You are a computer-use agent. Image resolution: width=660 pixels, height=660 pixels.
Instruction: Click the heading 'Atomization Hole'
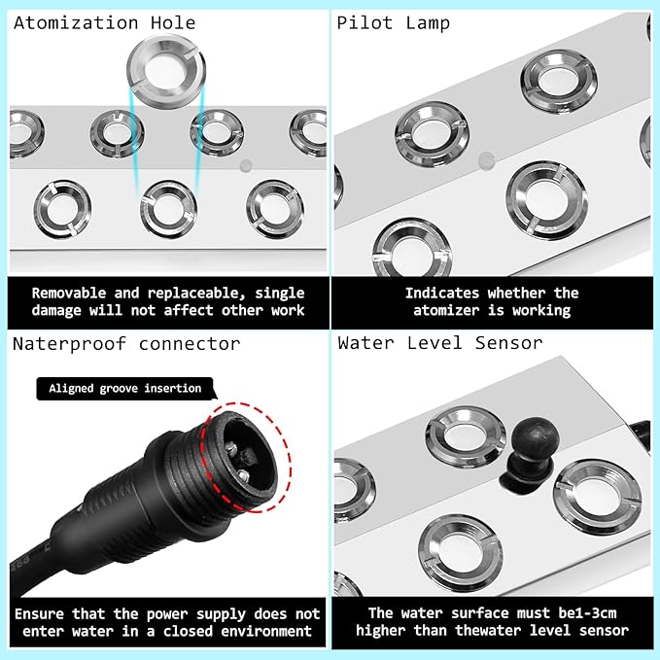tap(104, 22)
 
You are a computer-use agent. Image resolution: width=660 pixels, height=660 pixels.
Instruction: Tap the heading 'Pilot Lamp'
tap(393, 23)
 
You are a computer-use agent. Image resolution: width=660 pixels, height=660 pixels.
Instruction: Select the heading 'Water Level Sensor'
tap(440, 343)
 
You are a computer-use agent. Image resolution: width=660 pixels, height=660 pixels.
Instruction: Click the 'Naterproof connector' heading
tap(126, 344)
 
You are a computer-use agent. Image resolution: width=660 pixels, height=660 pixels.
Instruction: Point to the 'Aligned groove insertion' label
tap(125, 389)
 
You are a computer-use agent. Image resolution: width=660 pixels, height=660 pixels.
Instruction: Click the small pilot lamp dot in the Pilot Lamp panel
tap(486, 160)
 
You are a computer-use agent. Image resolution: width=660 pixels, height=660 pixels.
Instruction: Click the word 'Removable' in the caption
tap(69, 293)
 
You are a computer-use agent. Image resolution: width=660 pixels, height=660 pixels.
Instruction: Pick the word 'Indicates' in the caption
tap(442, 293)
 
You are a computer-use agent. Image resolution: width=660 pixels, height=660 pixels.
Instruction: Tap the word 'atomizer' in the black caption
tap(446, 311)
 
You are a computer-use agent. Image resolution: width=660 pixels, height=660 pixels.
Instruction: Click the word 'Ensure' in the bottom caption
tap(39, 614)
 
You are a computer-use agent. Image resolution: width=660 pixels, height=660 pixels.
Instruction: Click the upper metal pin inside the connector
tap(231, 447)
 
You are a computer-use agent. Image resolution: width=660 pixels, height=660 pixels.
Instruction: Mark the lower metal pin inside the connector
tap(243, 475)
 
